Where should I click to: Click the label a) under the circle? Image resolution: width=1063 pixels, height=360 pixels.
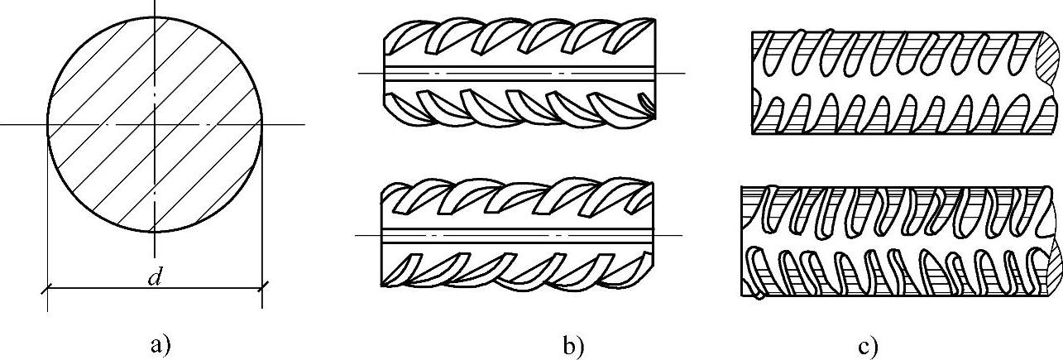tap(160, 343)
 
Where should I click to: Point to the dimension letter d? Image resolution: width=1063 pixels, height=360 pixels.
tap(155, 278)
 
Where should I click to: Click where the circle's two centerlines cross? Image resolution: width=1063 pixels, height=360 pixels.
tap(155, 124)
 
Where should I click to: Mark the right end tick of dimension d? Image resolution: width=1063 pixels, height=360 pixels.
tap(262, 288)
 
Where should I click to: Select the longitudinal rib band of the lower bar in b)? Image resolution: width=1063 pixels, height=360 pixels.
tap(513, 235)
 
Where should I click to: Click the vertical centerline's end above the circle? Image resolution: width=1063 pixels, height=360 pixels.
tap(155, 3)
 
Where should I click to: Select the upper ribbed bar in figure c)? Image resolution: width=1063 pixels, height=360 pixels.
tap(893, 83)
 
